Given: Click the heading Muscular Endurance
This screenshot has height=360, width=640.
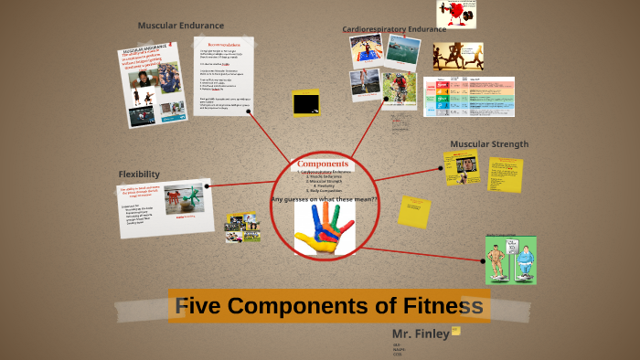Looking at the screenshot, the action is coord(181,26).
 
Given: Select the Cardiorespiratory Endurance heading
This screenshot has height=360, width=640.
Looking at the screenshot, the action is coord(394,29).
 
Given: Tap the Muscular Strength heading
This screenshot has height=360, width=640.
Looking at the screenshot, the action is coord(489,143).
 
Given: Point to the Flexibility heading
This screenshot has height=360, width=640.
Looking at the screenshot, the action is coord(139,174).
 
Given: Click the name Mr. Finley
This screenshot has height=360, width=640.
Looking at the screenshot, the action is coord(421,334).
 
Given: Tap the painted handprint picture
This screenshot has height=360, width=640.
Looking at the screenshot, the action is coord(325,228).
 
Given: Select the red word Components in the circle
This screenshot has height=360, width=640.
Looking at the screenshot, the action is coord(323,164).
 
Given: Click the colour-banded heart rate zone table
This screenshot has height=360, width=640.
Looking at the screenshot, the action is coord(469,95).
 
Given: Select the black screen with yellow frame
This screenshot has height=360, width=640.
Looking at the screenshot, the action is coord(306,102).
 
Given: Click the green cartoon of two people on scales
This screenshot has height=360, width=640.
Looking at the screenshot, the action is coord(511,259).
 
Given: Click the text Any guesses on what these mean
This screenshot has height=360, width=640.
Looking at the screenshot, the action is coord(325,199).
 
